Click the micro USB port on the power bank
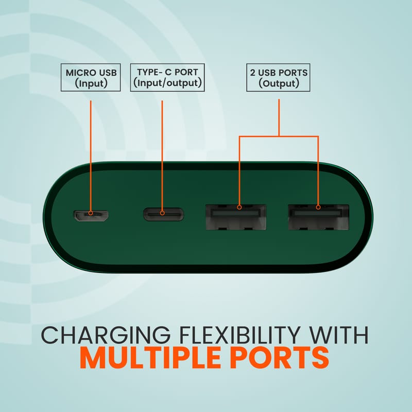click(91, 215)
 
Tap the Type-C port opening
click(163, 214)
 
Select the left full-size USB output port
click(236, 217)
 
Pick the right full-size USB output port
click(318, 217)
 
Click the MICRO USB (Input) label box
click(91, 78)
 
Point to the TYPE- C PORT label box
click(167, 78)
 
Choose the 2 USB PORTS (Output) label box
click(278, 78)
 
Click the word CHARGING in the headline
click(106, 335)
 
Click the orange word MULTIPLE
click(150, 358)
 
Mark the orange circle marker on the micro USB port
click(91, 213)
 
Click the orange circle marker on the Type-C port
click(162, 213)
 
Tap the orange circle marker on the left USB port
click(239, 208)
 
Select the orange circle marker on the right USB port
click(318, 208)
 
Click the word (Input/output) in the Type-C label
click(167, 83)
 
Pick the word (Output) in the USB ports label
click(279, 83)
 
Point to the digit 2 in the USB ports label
click(252, 73)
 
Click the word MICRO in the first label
click(77, 73)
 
